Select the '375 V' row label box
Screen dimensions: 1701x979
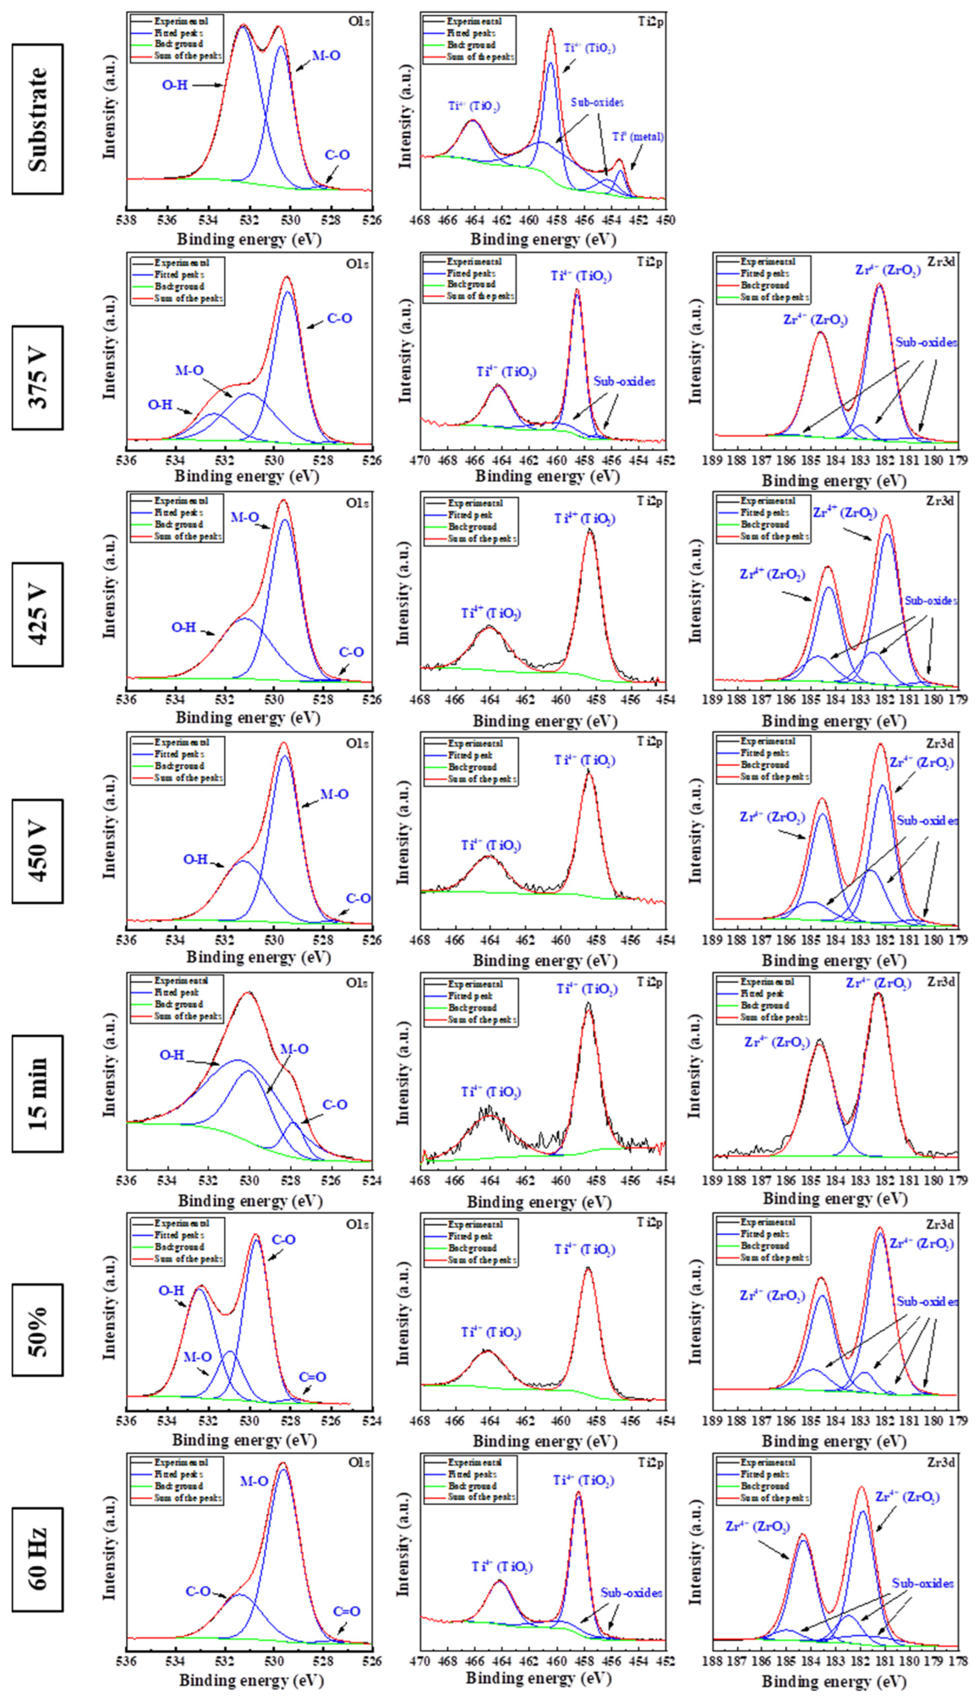click(38, 378)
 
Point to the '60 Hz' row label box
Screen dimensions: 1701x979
click(38, 1559)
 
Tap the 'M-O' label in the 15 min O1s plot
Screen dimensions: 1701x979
click(294, 1049)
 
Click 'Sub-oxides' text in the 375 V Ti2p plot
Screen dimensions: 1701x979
click(624, 381)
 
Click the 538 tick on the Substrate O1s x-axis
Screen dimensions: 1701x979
click(126, 220)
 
